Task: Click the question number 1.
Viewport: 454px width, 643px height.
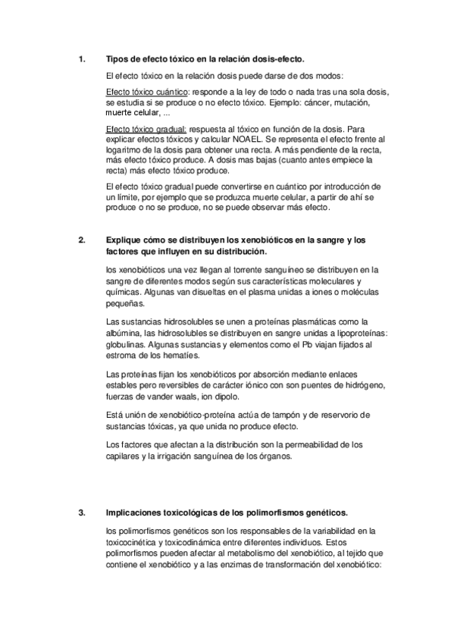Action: (81, 59)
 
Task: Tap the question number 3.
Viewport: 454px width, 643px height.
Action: (81, 513)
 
